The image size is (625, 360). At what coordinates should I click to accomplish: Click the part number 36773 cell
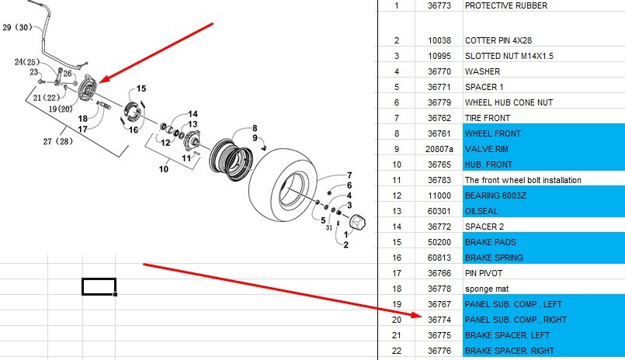439,5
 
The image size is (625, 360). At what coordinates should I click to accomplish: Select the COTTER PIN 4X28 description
498,40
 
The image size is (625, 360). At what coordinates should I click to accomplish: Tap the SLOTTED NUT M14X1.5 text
509,56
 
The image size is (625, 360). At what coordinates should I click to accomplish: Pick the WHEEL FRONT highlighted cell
543,133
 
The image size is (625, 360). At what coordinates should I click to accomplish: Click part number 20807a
439,149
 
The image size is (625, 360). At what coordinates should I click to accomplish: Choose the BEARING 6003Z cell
543,196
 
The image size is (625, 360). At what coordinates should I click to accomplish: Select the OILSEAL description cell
543,211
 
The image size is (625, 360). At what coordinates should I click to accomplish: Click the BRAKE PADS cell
543,242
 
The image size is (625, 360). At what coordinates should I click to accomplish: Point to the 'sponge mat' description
487,289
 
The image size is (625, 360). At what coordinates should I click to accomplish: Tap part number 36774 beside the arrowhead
439,320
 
